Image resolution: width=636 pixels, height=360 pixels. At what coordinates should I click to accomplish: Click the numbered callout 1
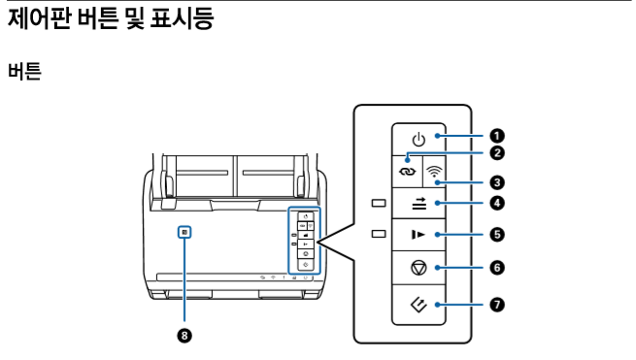(497, 136)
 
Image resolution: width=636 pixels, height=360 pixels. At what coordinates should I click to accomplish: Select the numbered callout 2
(497, 153)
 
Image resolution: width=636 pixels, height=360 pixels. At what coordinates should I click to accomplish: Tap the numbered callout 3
(497, 182)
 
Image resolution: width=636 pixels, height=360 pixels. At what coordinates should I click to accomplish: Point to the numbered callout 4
(497, 203)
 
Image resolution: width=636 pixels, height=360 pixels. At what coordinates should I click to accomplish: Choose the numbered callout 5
(497, 235)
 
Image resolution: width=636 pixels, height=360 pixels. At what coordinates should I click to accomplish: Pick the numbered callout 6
(497, 268)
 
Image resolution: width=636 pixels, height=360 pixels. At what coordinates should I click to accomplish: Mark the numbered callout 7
(497, 305)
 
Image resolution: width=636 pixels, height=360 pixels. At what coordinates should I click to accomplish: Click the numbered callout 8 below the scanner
(184, 336)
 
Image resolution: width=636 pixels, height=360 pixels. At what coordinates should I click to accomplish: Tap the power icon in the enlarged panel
(418, 141)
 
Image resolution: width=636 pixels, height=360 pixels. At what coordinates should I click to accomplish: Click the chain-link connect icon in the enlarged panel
(408, 172)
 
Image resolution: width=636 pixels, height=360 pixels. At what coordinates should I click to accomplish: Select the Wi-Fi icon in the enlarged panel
(434, 171)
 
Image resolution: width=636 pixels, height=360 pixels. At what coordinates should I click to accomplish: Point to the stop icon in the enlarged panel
(418, 268)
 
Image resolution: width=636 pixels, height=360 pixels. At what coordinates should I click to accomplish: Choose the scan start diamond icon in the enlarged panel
(418, 305)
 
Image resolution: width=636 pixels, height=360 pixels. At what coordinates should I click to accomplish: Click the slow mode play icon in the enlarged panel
(418, 235)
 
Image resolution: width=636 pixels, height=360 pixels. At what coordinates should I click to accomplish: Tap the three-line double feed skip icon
(419, 204)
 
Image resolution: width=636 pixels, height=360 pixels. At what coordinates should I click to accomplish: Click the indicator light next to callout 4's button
(379, 203)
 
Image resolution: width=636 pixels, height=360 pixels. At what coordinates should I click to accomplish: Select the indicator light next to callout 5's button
(379, 234)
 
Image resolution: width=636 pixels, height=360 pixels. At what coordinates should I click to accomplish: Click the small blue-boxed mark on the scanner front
(184, 232)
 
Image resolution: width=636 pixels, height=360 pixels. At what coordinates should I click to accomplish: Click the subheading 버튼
(24, 71)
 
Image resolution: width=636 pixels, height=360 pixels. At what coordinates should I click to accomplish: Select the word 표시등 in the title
(183, 18)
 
